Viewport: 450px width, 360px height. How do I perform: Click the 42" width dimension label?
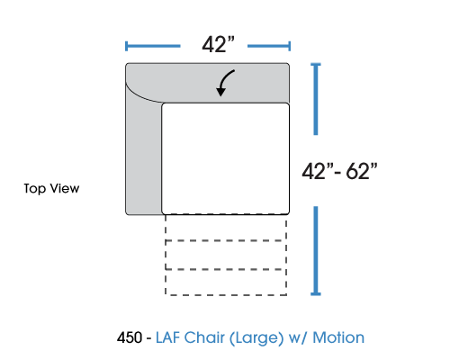(218, 45)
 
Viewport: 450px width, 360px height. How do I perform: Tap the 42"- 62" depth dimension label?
(339, 172)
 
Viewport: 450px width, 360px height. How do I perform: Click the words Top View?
(51, 189)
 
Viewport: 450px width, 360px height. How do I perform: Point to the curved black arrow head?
(221, 91)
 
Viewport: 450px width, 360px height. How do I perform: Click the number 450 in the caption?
(130, 337)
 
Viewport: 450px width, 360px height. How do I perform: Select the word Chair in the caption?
(204, 337)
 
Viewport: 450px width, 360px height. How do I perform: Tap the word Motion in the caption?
(338, 337)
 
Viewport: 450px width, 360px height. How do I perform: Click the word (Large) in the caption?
(256, 338)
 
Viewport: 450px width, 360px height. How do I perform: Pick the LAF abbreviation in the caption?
(167, 337)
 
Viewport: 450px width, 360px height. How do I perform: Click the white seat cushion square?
(226, 158)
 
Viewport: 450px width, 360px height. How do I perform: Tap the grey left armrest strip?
(143, 156)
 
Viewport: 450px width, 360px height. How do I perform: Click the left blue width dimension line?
(153, 46)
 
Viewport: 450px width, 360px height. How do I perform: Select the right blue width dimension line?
(269, 46)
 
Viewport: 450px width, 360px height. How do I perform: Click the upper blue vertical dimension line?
(316, 99)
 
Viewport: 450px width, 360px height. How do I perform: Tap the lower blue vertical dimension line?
(316, 251)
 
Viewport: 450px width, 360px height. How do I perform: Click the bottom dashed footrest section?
(226, 283)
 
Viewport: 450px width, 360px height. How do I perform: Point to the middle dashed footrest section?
(226, 255)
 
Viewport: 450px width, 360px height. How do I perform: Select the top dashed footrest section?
(226, 228)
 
